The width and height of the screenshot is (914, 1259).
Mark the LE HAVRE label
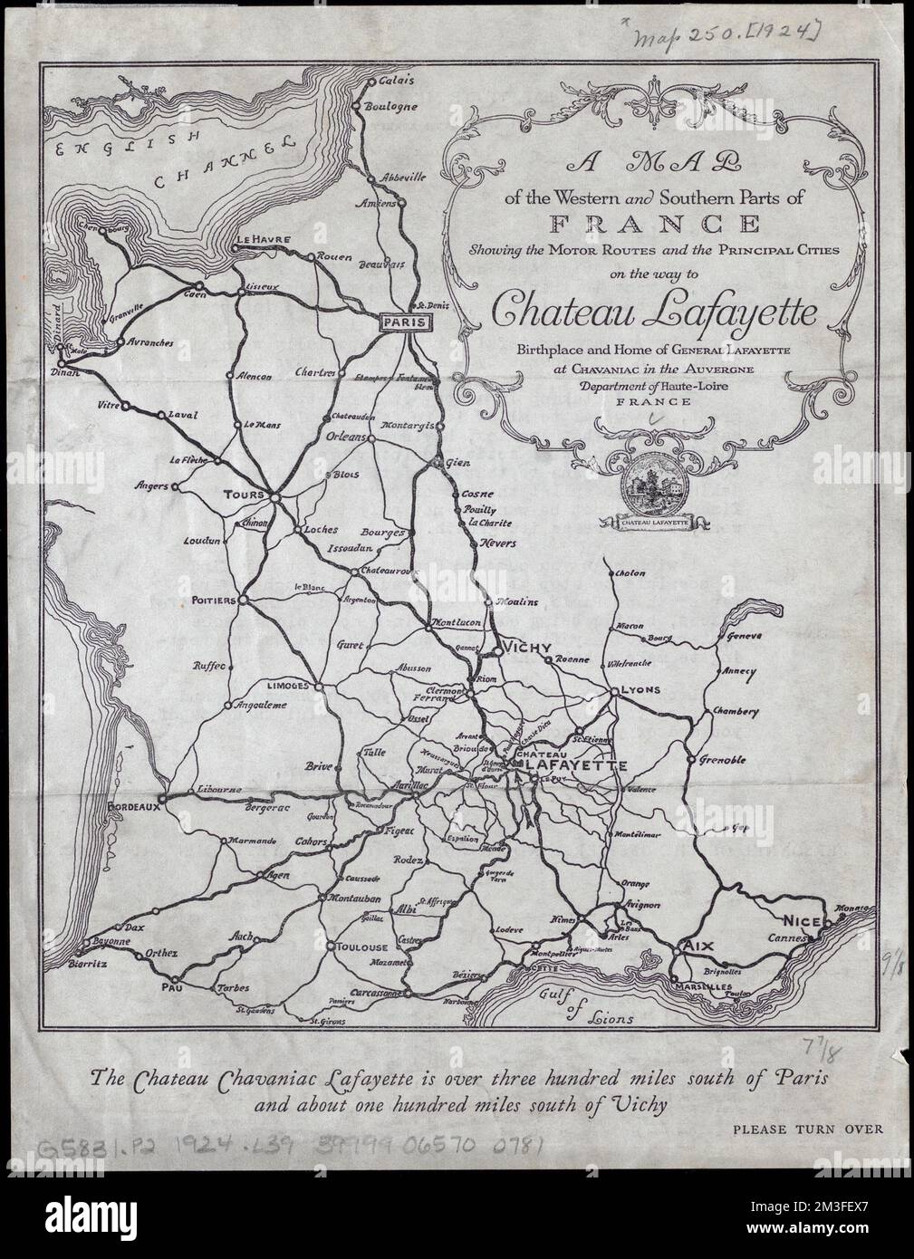263,240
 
